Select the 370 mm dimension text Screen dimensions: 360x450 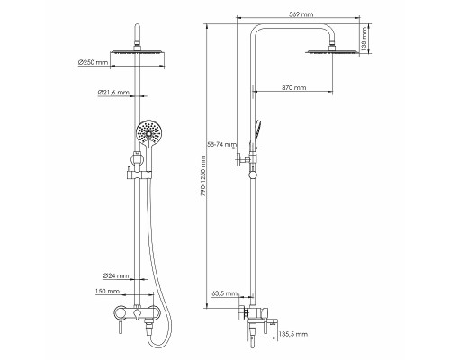292,88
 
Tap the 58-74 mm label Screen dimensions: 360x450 221,144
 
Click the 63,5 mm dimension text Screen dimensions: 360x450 223,293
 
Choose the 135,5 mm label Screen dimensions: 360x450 293,334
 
